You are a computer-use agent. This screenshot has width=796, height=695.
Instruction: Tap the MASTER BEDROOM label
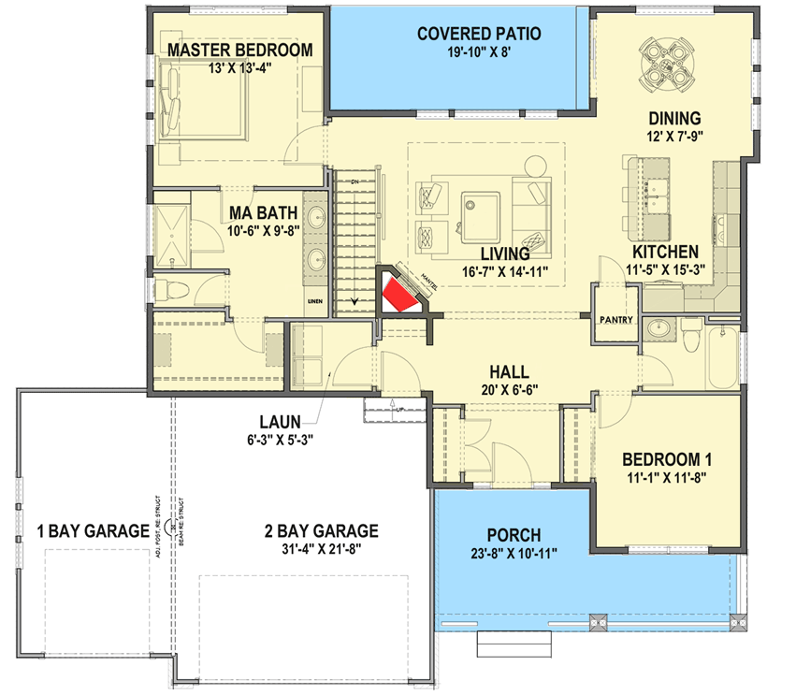point(239,50)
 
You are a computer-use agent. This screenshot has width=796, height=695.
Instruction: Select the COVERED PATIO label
point(479,35)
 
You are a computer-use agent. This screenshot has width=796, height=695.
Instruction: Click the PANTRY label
point(616,321)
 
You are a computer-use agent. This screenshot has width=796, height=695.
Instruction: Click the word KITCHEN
point(665,253)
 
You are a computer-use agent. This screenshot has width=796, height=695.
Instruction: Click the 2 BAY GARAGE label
point(321,531)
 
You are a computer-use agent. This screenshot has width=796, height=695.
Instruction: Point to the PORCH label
point(513,535)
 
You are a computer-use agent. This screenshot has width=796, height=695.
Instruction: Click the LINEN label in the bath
point(315,301)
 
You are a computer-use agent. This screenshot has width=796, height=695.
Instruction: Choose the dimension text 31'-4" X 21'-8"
point(321,550)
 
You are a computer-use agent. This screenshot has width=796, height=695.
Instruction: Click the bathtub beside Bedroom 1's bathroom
point(724,358)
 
